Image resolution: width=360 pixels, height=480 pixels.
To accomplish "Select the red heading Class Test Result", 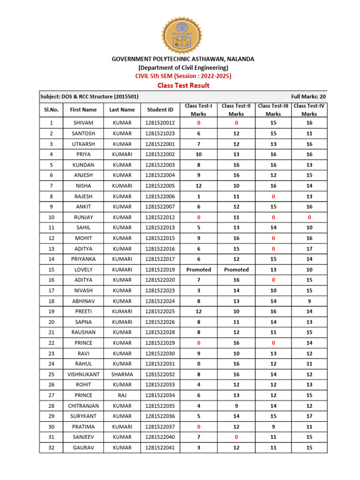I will click(183, 85).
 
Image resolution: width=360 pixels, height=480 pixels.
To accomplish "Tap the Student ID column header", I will click(160, 110).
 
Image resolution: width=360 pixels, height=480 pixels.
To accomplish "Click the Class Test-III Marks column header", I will click(273, 110).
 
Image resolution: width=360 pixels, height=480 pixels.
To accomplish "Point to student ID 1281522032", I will click(160, 375).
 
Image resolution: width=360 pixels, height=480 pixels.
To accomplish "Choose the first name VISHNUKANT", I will click(83, 375).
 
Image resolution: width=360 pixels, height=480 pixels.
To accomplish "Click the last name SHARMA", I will click(122, 375).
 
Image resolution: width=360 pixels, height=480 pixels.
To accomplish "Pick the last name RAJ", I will click(122, 395).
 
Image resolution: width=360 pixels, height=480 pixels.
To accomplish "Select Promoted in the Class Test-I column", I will click(199, 270).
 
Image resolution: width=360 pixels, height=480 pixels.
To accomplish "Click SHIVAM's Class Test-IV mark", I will click(309, 123).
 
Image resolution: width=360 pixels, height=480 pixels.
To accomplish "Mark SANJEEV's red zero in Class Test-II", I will click(236, 437).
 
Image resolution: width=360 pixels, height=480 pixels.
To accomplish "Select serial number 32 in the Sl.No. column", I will click(50, 448).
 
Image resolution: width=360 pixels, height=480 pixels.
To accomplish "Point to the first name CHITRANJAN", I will click(83, 406).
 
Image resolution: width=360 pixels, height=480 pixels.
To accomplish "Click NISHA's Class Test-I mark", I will click(199, 186).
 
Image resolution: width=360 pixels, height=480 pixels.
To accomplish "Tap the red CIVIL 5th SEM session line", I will click(183, 75).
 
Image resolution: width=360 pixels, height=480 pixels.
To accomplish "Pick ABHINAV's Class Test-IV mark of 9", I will click(309, 301).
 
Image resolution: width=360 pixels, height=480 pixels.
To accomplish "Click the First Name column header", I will click(83, 110).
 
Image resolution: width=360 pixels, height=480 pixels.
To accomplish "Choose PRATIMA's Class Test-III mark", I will click(273, 427).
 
